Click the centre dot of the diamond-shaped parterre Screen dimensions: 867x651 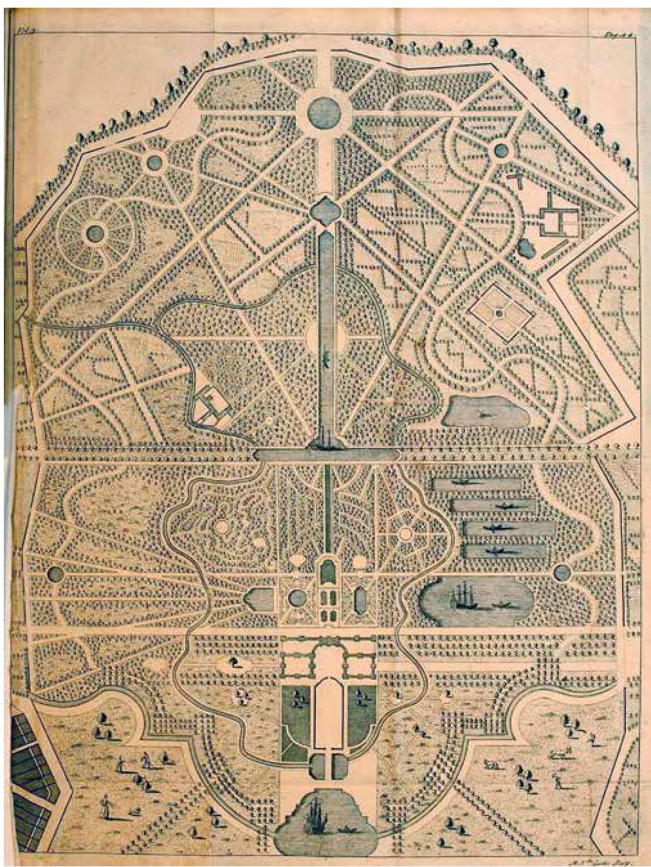pyautogui.click(x=498, y=313)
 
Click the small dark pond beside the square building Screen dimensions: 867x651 pyautogui.click(x=527, y=246)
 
